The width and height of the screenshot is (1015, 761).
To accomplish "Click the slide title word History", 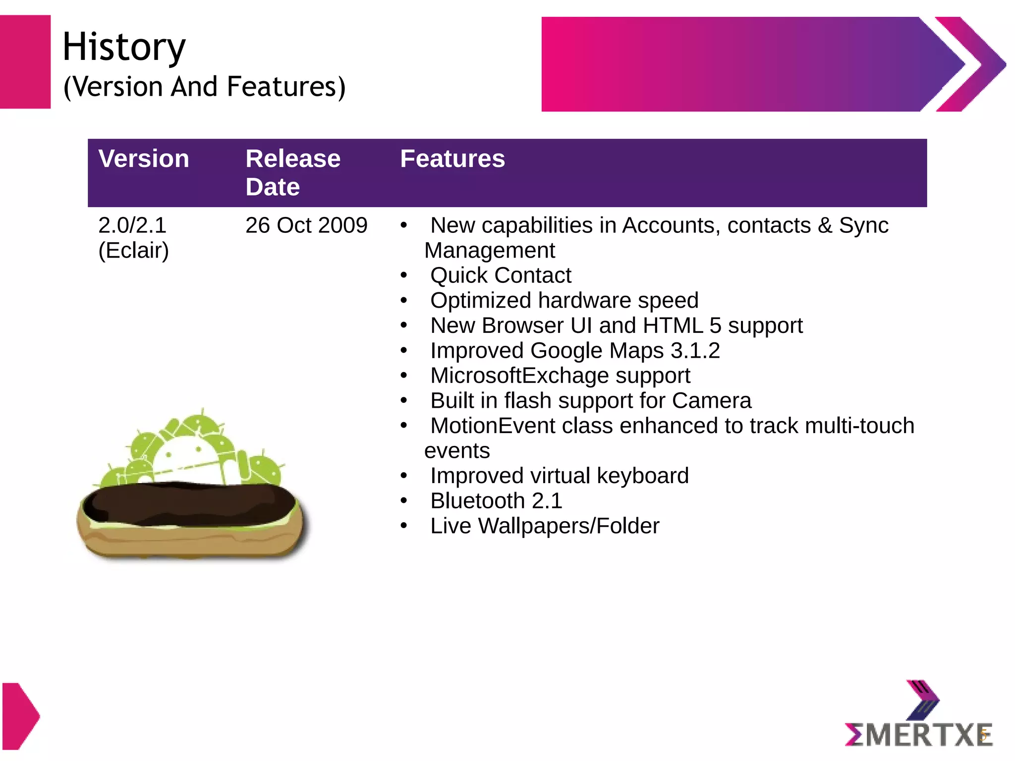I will (x=124, y=47).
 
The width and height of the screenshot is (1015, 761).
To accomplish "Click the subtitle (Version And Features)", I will (x=204, y=87).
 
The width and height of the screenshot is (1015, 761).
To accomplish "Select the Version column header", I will (x=144, y=159).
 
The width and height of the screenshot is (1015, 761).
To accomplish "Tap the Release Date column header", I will (x=292, y=172).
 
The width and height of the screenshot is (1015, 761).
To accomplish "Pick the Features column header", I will (x=452, y=159).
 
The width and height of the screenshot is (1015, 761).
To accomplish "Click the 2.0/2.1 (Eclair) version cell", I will (x=133, y=238).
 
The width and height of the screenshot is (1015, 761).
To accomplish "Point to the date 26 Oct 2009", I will (x=306, y=225).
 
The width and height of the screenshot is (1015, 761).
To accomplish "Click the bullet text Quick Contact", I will (x=501, y=275).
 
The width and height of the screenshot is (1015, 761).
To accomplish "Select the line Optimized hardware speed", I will (x=564, y=301).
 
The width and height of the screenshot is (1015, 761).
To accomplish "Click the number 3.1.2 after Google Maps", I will (x=695, y=351).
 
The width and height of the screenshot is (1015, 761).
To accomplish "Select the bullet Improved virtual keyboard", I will (x=559, y=476).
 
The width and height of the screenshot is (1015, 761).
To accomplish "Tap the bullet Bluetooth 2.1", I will (x=496, y=501).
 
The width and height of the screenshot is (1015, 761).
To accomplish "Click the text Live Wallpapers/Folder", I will (x=545, y=526).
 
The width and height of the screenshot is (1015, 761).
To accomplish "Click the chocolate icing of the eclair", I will (x=188, y=503).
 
